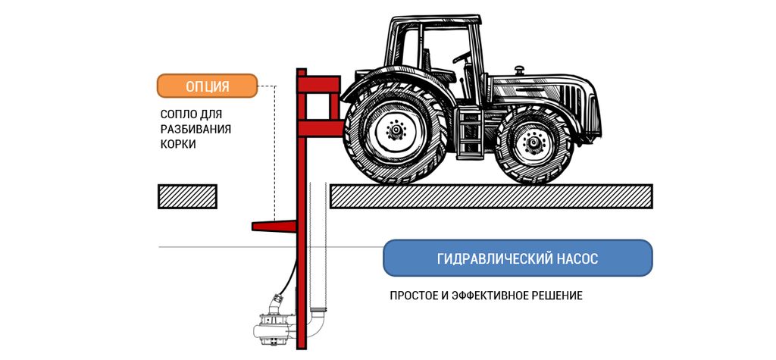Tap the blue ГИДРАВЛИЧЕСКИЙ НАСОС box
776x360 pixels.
(518, 258)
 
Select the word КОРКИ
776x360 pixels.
(178, 143)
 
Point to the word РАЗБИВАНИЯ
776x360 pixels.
(196, 129)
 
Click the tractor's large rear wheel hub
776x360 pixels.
(394, 132)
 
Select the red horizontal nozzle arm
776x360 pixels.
(273, 225)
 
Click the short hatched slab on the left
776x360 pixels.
(187, 196)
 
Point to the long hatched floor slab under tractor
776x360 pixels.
(491, 196)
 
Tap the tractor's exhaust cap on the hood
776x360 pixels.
(519, 70)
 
